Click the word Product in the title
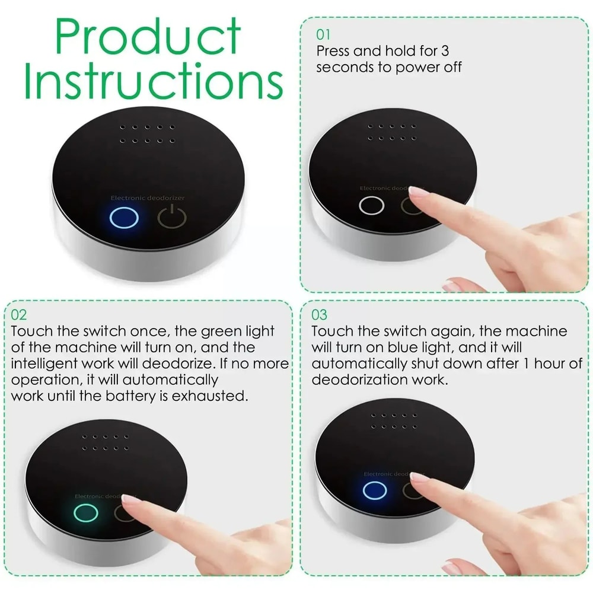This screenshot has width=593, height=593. [148, 37]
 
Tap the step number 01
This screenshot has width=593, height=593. [324, 34]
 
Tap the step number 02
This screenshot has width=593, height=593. [19, 314]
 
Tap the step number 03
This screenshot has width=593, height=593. [320, 314]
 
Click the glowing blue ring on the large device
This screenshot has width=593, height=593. [125, 218]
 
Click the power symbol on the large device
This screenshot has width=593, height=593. [172, 218]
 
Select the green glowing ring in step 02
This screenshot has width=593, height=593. [85, 513]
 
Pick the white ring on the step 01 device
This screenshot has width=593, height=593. [372, 206]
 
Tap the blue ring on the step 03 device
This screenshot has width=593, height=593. [374, 490]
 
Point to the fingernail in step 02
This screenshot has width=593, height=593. [132, 499]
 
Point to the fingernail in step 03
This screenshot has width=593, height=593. [419, 477]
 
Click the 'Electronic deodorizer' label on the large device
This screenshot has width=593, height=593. [148, 197]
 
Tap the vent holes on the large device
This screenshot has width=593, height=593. [148, 133]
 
